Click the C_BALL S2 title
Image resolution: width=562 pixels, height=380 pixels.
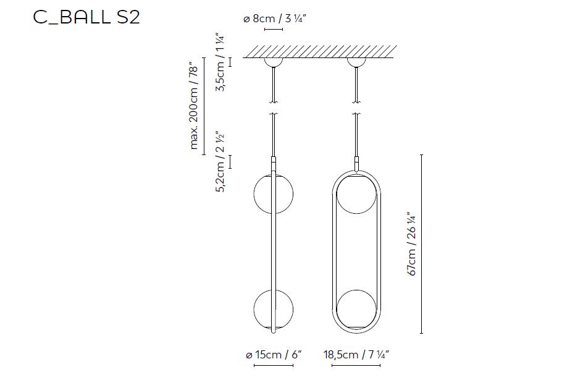(x=86, y=17)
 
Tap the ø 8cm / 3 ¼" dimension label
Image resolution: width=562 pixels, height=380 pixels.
(x=275, y=19)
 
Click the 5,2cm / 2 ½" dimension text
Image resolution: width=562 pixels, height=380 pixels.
(x=220, y=162)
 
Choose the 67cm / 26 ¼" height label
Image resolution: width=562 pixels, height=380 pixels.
(x=411, y=244)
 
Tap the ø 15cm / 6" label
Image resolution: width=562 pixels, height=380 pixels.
(x=274, y=355)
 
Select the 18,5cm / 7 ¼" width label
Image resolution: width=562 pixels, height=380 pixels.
(x=356, y=355)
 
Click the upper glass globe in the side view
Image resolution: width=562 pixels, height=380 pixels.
(x=273, y=194)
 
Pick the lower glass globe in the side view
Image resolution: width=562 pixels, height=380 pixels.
(x=273, y=310)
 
